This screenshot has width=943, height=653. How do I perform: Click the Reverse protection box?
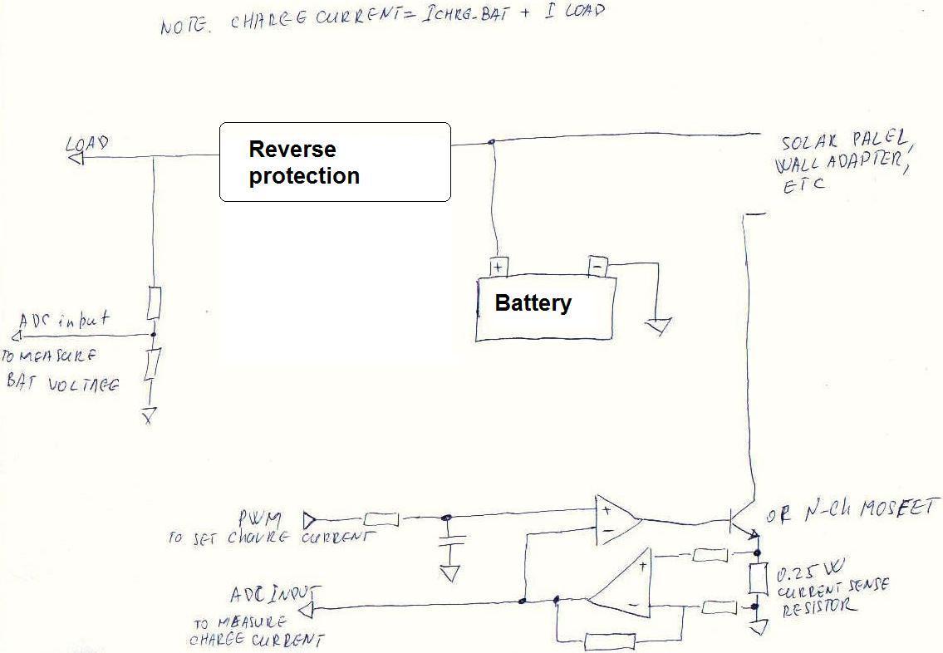coord(335,162)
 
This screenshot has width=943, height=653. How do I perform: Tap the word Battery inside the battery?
coord(533,302)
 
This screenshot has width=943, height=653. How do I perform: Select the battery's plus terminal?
coord(498,267)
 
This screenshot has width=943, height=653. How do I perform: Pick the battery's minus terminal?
coord(598,266)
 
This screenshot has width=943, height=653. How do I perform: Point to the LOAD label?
coord(87,145)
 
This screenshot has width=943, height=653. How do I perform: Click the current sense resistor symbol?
coord(758,578)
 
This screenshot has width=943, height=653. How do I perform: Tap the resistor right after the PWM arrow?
coord(381,520)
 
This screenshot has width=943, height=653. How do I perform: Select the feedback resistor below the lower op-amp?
coord(610,641)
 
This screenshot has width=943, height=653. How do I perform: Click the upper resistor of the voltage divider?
coord(154,304)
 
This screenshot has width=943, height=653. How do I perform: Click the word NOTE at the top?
coord(185,25)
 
